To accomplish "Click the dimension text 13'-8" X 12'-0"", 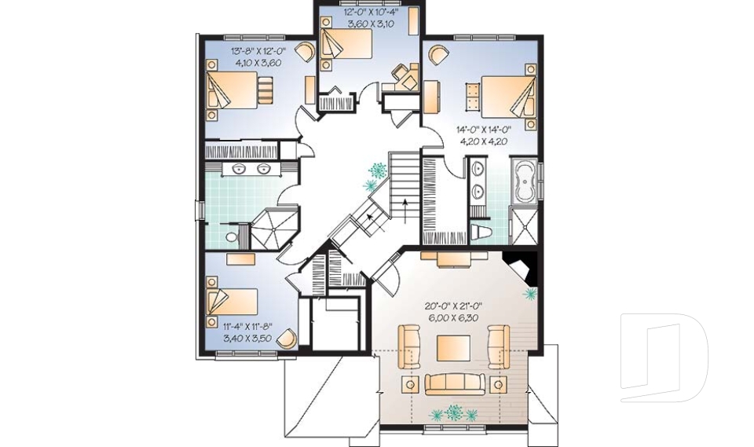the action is tap(258, 50).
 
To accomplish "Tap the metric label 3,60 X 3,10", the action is tap(368, 22).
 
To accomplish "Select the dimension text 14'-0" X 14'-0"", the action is tap(484, 130).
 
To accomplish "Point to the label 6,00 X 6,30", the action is tap(453, 317).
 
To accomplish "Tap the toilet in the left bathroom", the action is tap(232, 236).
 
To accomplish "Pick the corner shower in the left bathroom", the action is tap(274, 228).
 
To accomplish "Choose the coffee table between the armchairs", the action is tap(453, 348).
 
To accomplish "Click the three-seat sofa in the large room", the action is tap(454, 383).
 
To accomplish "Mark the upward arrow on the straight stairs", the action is tap(406, 211).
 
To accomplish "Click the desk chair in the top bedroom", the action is tap(400, 72).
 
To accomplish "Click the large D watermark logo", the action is tap(664, 357).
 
